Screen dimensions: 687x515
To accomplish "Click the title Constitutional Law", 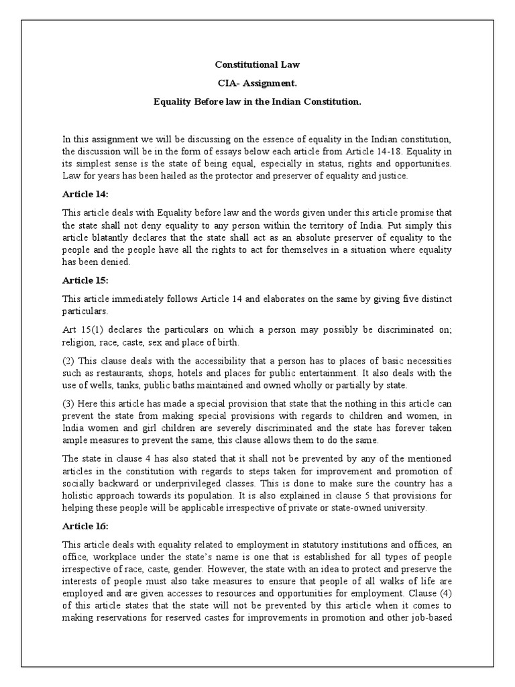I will pyautogui.click(x=257, y=65).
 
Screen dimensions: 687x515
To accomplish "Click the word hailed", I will pyautogui.click(x=188, y=176).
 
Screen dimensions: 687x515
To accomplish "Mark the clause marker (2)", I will pyautogui.click(x=68, y=360).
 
